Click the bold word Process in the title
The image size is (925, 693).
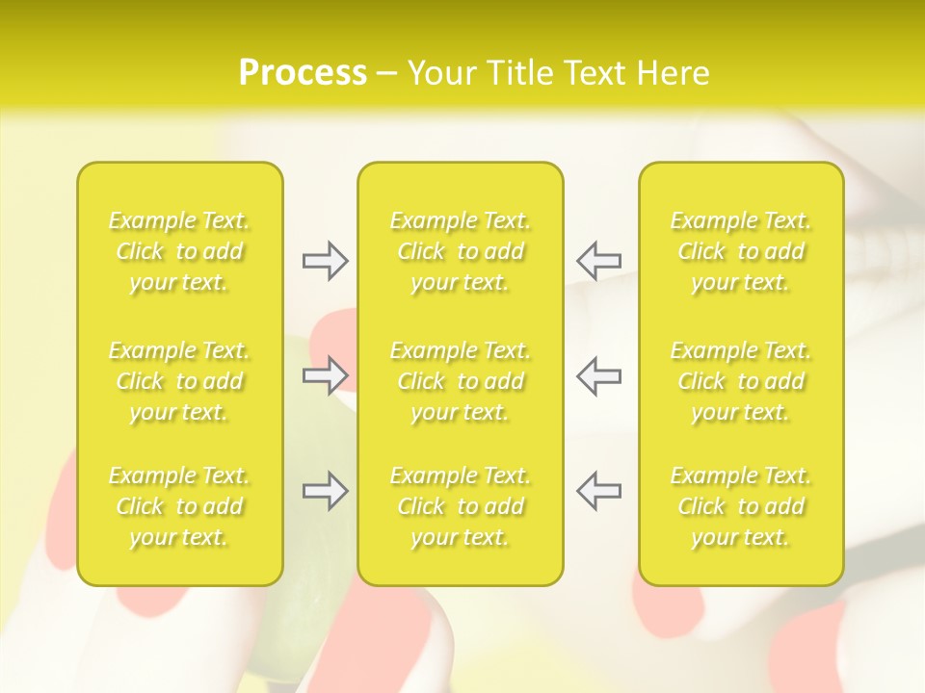coord(303,73)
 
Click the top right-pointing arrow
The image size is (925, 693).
coord(325,261)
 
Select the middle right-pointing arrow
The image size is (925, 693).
coord(325,375)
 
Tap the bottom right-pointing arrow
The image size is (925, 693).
coord(325,491)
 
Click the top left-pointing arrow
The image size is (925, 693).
coord(598,261)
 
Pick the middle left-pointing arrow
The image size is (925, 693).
coord(598,375)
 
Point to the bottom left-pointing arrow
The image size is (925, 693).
coord(598,491)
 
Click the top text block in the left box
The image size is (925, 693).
coord(179,251)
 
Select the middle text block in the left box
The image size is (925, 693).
coord(179,381)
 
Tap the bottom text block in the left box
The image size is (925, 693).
coord(179,506)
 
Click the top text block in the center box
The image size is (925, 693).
coord(460,251)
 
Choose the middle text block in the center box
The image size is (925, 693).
coord(460,381)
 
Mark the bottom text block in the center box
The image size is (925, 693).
coord(460,506)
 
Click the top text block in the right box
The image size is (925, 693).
coord(741,251)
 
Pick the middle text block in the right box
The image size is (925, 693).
coord(741,381)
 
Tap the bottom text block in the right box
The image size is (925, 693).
coord(741,506)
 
